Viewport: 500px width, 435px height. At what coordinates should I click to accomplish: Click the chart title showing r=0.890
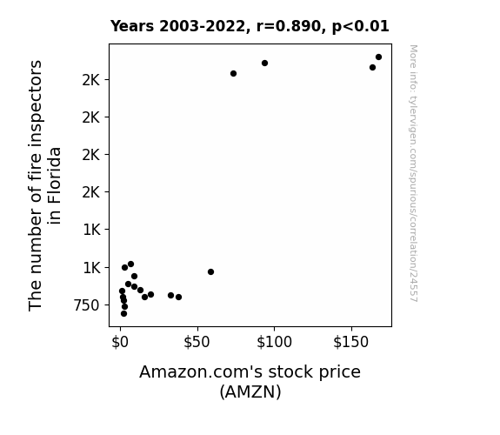pos(250,26)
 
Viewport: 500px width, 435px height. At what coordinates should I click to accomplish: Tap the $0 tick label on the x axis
pos(120,342)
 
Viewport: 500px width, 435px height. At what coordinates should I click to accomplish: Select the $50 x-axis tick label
pos(197,342)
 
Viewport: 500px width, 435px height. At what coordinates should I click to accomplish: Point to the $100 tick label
pos(274,342)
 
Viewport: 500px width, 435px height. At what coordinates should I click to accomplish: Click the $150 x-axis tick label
pos(351,342)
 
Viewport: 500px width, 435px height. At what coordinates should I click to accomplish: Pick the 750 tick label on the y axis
pos(87,305)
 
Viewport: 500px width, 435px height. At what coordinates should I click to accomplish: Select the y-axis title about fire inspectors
pos(44,185)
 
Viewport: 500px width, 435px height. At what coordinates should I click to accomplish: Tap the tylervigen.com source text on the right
pos(413,173)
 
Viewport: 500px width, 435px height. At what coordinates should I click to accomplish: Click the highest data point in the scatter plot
pos(378,57)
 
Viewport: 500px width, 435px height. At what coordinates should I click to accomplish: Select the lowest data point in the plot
pos(123,314)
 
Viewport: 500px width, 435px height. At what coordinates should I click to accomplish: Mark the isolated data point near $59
pos(210,272)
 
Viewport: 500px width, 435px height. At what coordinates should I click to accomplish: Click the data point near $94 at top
pos(264,64)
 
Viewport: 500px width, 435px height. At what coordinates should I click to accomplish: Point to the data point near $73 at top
pos(233,74)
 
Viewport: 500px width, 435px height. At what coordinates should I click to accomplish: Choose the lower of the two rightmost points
pos(372,68)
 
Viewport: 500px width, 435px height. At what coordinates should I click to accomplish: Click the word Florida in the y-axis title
pos(55,185)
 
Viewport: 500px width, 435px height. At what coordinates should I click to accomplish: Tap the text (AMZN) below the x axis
pos(250,391)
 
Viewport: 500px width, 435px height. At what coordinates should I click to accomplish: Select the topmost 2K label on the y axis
pos(91,80)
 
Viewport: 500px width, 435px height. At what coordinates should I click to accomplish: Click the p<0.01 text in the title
pos(361,26)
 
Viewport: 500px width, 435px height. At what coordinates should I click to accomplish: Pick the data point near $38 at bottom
pos(178,298)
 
